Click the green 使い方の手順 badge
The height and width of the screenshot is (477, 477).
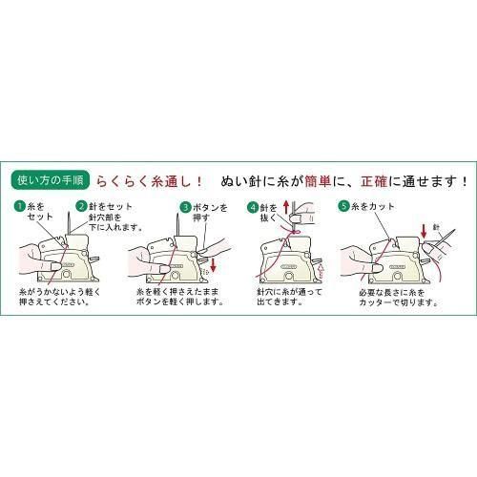tap(51, 180)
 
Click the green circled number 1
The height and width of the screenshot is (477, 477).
tap(20, 207)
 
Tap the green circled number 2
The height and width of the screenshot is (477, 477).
tap(82, 206)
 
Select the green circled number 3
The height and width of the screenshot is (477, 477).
tap(185, 208)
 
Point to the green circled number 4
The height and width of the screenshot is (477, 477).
tap(253, 208)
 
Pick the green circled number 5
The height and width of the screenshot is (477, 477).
tap(343, 206)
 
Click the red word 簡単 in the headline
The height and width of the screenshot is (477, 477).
tap(318, 181)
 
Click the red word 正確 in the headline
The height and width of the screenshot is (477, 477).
tap(374, 181)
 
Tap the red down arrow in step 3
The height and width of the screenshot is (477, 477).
tap(214, 264)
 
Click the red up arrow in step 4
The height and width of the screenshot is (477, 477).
tap(286, 207)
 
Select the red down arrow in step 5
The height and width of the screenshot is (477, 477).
tap(424, 231)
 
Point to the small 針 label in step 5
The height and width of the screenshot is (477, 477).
tap(436, 227)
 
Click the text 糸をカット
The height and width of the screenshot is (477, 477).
tap(373, 206)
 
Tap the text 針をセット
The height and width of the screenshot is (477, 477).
tap(111, 206)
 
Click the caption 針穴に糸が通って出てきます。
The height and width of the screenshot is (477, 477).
tap(289, 297)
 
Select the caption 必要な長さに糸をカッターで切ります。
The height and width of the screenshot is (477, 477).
tap(399, 298)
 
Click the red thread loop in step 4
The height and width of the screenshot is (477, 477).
tap(295, 232)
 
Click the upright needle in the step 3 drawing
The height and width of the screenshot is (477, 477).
tap(177, 225)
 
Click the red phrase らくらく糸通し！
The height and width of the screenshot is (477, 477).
tap(150, 181)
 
